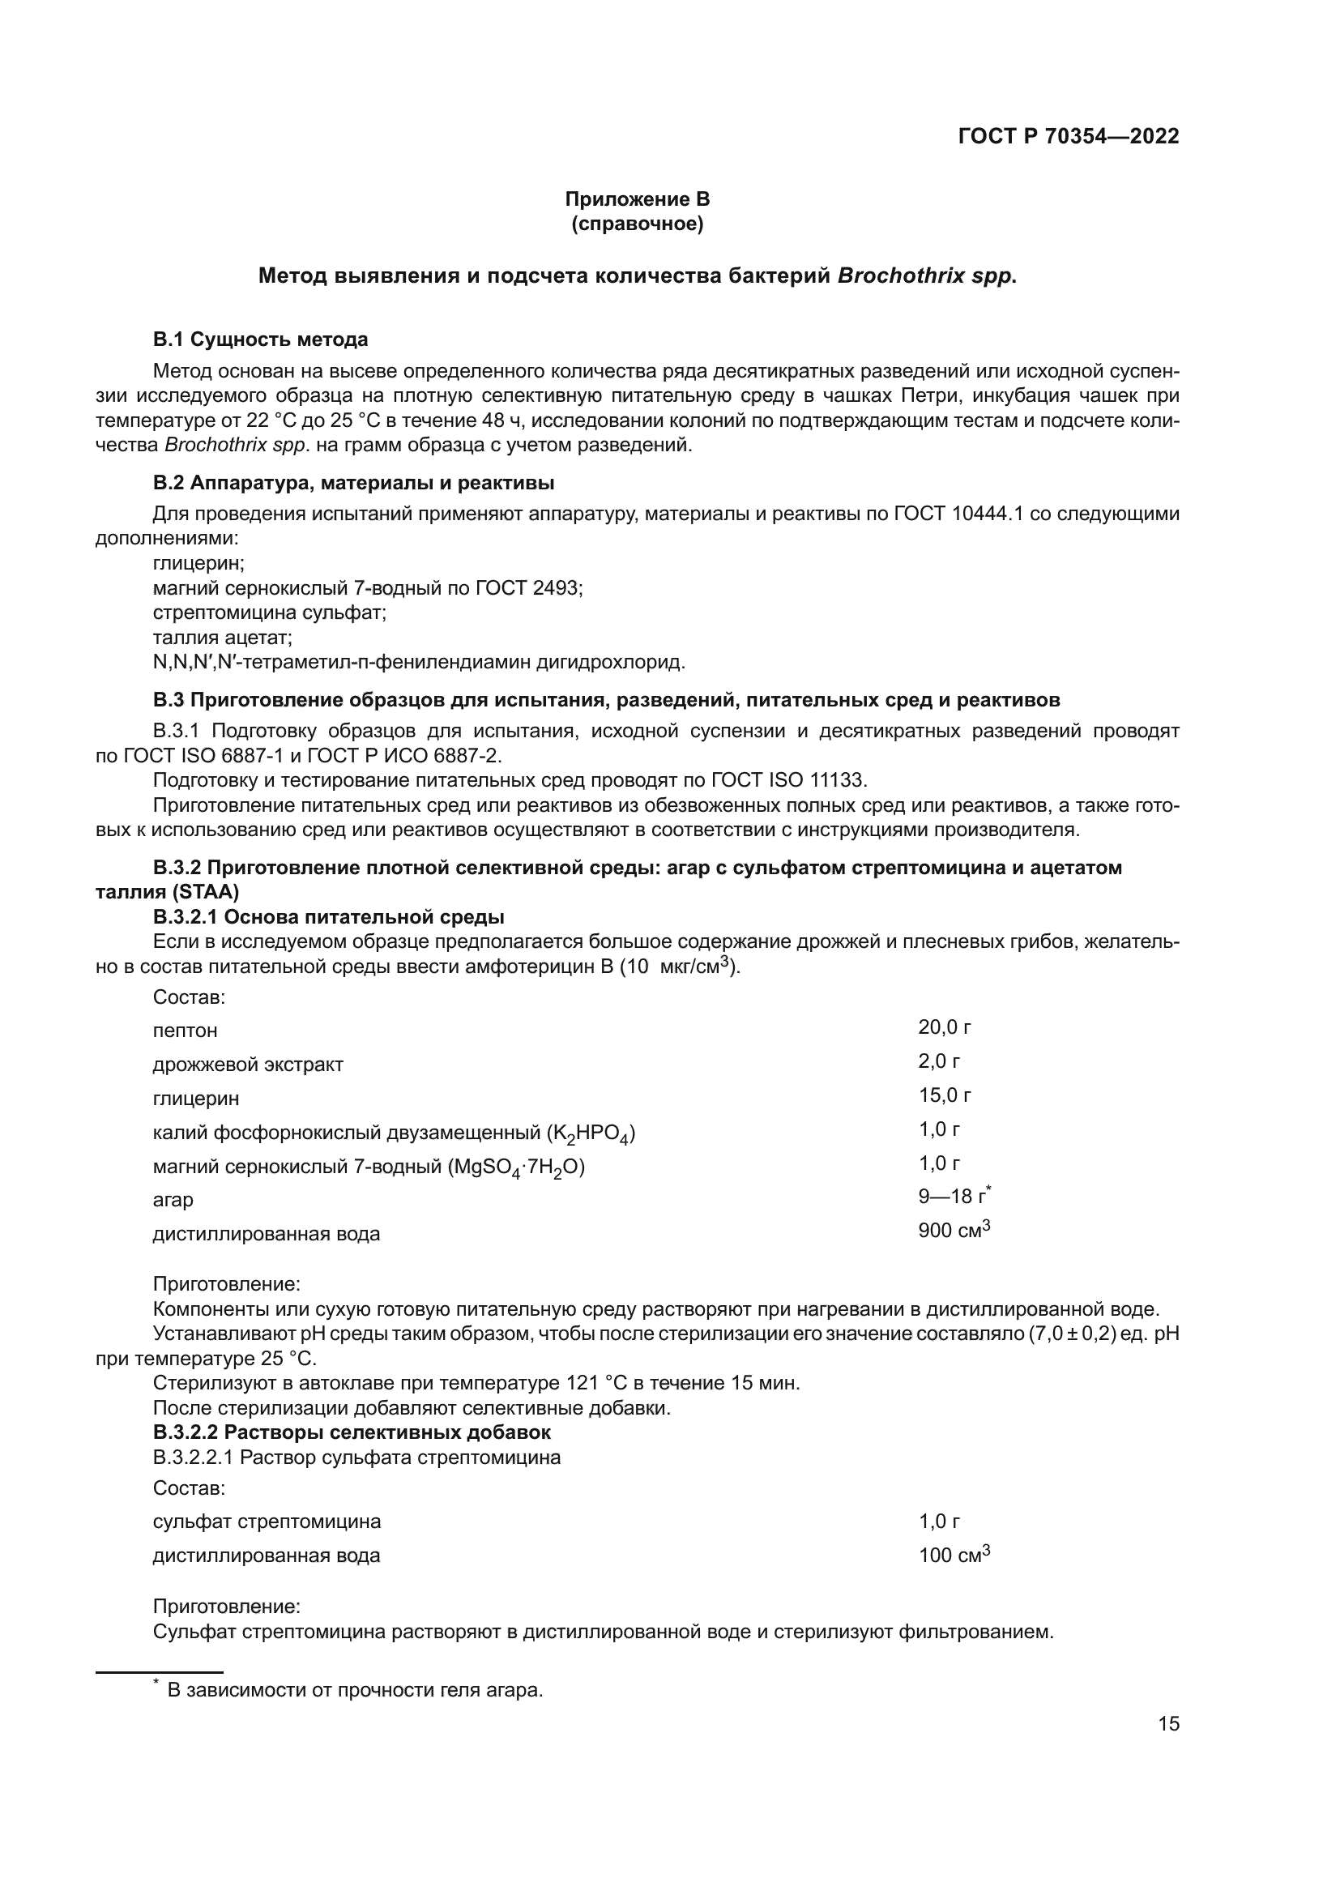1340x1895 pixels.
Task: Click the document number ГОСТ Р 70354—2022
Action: click(x=1069, y=137)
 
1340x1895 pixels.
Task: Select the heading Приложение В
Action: click(x=637, y=199)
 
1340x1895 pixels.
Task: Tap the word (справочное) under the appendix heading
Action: click(x=637, y=224)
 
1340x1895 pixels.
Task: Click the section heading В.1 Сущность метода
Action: click(x=260, y=339)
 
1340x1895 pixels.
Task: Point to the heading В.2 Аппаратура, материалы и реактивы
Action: click(x=353, y=483)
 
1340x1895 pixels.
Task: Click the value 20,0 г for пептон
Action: click(x=944, y=1026)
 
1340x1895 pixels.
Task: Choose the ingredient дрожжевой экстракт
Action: click(x=248, y=1065)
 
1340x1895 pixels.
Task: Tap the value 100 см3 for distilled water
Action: click(x=953, y=1556)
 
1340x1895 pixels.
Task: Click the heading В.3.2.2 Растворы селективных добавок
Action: click(x=352, y=1432)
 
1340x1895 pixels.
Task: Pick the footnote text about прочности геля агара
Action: click(x=355, y=1690)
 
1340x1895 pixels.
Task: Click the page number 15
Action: click(x=1168, y=1723)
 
